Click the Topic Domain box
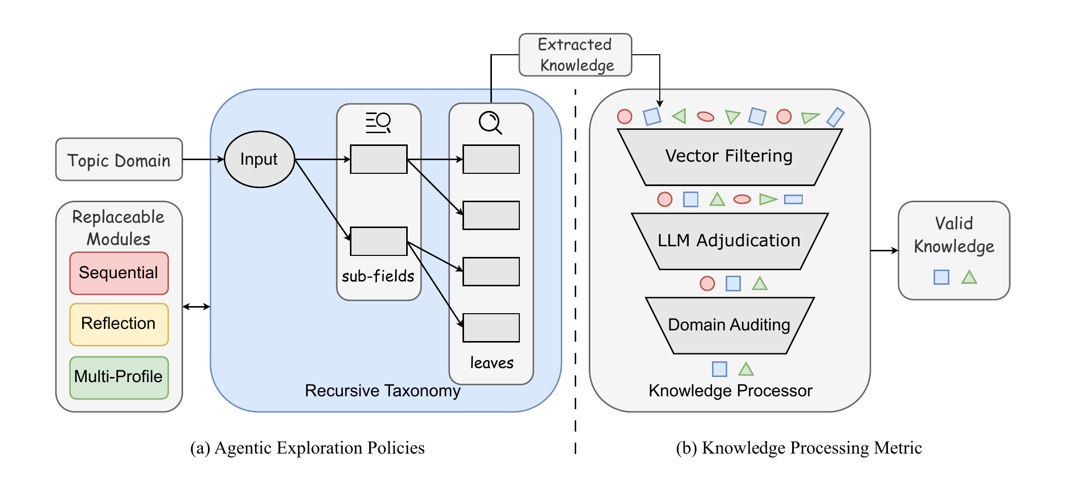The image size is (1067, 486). point(119,160)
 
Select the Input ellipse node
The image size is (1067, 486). point(259,159)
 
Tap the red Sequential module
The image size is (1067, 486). point(119,273)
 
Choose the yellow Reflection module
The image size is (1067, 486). point(119,324)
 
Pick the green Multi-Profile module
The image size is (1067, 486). point(119,377)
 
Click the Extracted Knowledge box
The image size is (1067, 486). point(575,55)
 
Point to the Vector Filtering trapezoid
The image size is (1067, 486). point(729,157)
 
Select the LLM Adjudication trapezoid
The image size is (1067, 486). point(729,241)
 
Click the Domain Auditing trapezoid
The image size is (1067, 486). point(729,325)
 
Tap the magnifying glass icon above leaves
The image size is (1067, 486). point(490,123)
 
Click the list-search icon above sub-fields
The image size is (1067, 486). point(378,123)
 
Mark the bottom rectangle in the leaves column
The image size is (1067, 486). point(491,327)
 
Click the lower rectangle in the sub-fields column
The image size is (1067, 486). point(378,241)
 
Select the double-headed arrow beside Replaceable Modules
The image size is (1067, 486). point(196,307)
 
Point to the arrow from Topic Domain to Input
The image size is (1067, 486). point(203,159)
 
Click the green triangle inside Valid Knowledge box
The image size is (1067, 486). point(969,277)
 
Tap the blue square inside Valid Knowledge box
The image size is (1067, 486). point(941,277)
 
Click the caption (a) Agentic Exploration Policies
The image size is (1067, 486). point(307,448)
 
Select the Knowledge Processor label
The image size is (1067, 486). point(730,391)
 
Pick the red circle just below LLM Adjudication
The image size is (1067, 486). point(707,283)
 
